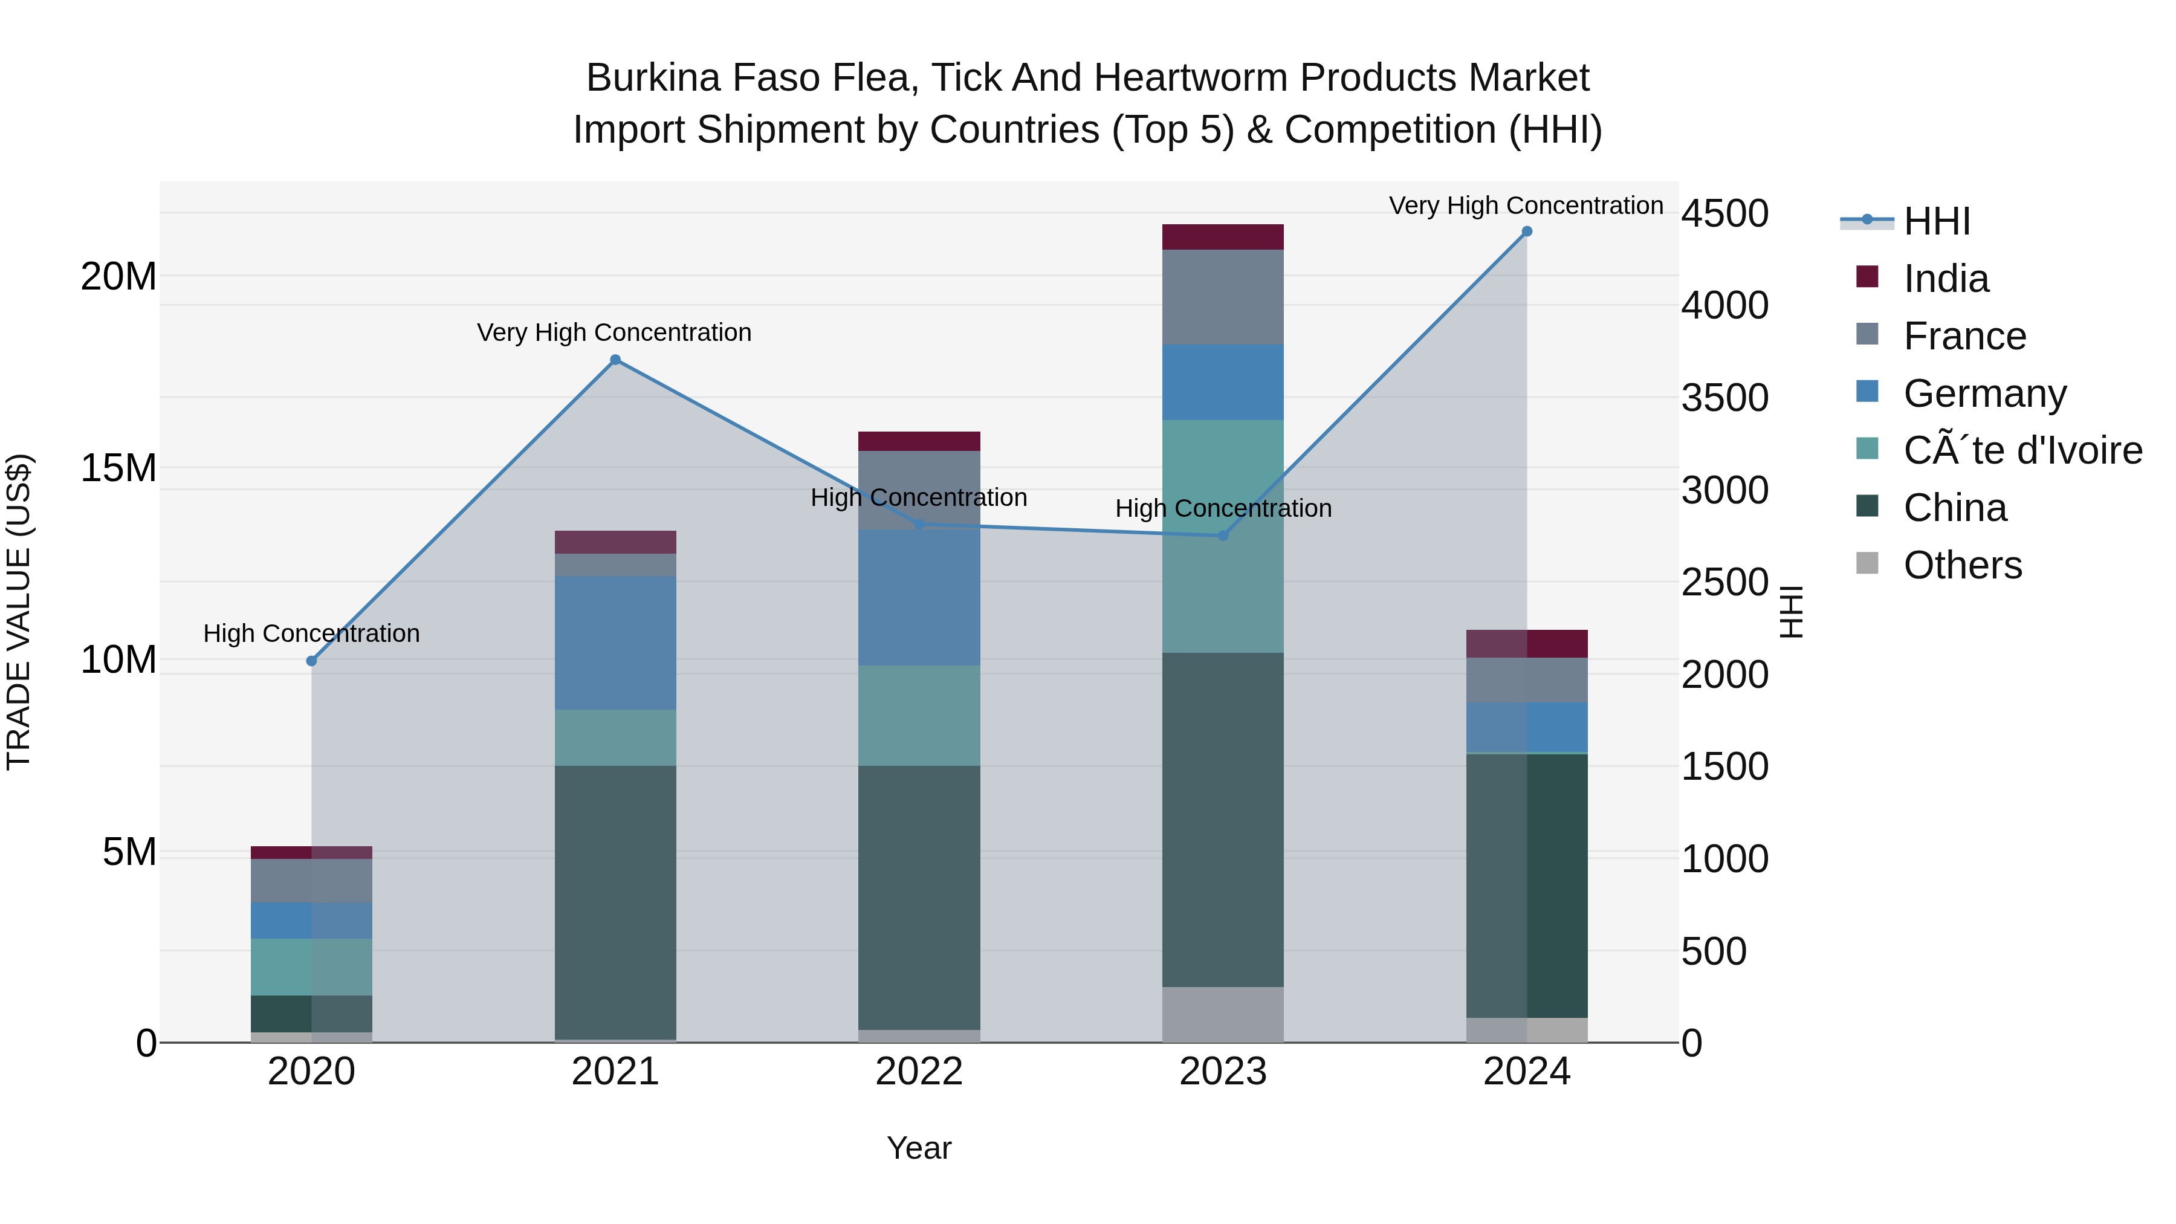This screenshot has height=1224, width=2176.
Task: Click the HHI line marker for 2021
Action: pyautogui.click(x=615, y=360)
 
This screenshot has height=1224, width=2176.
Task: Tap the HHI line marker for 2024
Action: pyautogui.click(x=1526, y=232)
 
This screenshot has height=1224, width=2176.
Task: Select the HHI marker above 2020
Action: pyautogui.click(x=312, y=661)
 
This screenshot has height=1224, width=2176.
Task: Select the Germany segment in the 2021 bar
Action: pyautogui.click(x=615, y=642)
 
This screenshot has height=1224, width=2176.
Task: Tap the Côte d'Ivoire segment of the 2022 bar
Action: pyautogui.click(x=919, y=716)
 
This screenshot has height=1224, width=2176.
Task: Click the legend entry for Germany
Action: pyautogui.click(x=1984, y=393)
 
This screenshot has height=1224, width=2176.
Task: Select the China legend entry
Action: pyautogui.click(x=1955, y=508)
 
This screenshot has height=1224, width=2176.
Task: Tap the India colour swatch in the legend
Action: pyautogui.click(x=1867, y=277)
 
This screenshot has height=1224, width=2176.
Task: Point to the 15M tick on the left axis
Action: pyautogui.click(x=118, y=468)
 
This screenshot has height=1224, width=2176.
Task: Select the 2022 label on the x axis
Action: pyautogui.click(x=919, y=1072)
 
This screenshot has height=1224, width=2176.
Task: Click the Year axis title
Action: pyautogui.click(x=919, y=1148)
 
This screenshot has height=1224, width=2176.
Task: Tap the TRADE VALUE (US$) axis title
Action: pyautogui.click(x=19, y=612)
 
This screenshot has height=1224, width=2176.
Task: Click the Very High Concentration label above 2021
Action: pyautogui.click(x=614, y=333)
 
